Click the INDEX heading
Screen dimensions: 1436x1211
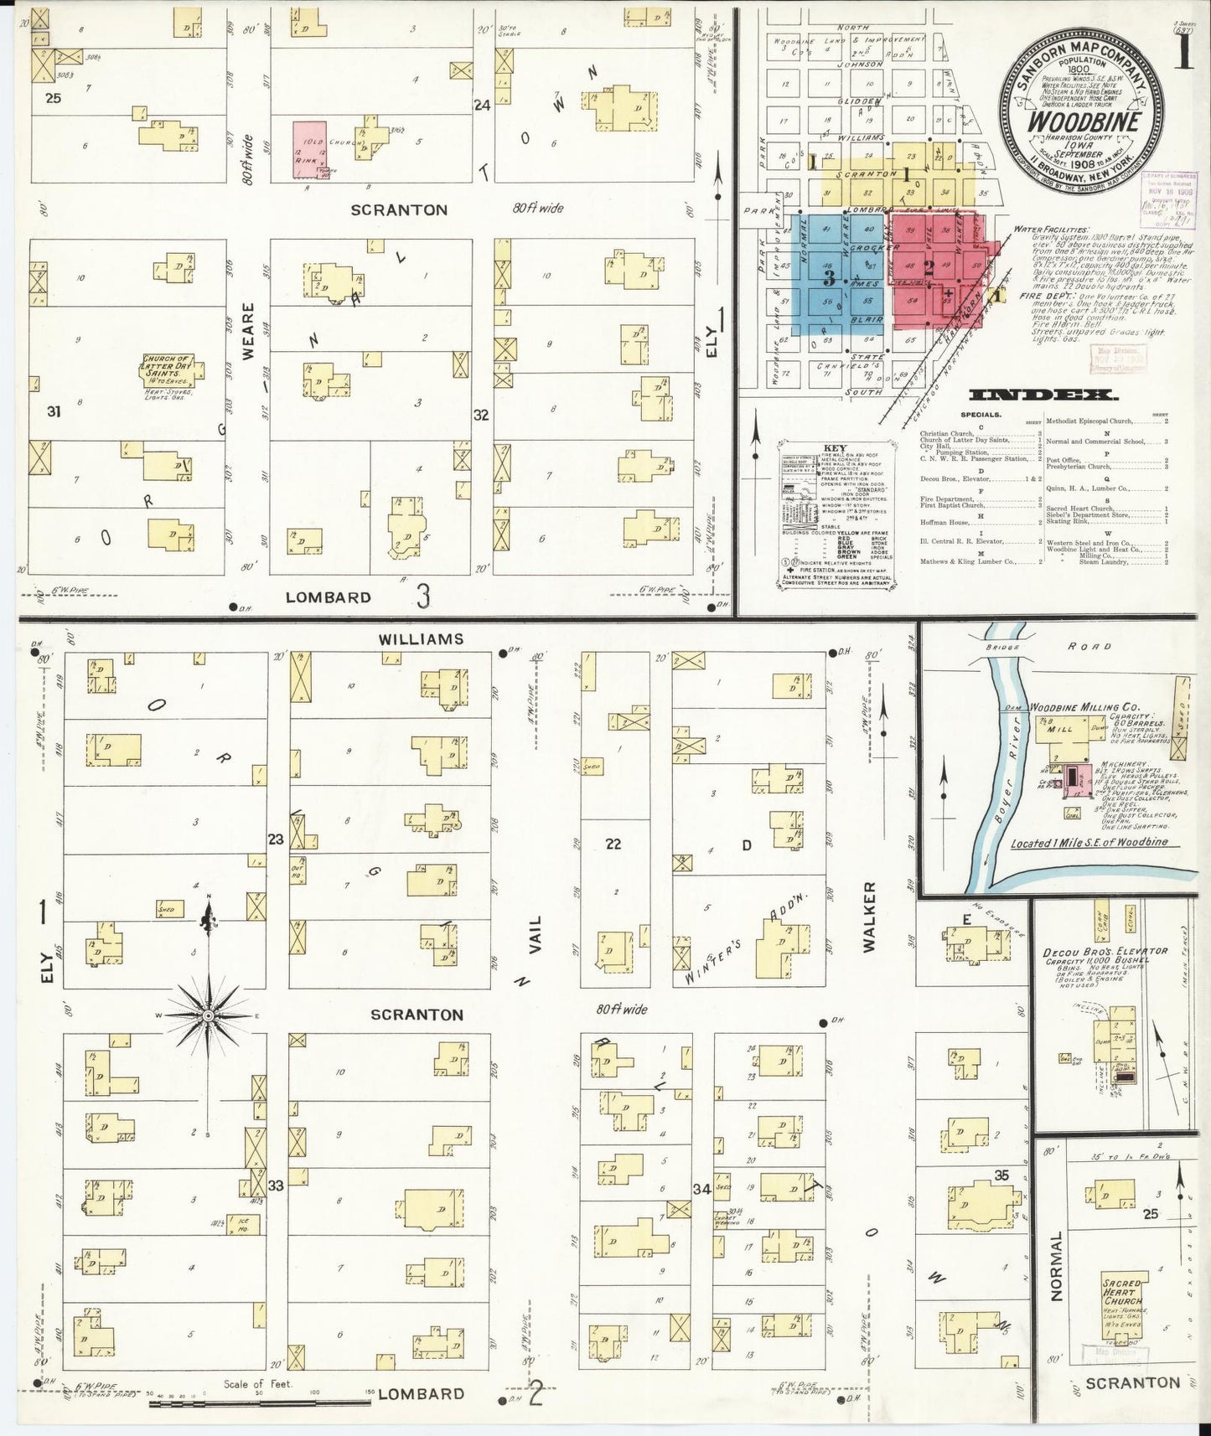pos(1043,395)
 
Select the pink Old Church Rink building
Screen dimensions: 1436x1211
pos(309,149)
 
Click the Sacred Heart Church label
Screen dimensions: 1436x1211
pos(1122,1292)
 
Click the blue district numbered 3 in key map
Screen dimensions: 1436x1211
pos(829,276)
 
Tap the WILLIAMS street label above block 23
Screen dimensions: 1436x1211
pos(420,639)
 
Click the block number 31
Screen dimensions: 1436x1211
pos(54,411)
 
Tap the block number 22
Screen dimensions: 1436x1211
pos(613,844)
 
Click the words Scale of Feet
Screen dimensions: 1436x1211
pos(258,1384)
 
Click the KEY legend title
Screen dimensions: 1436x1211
pos(835,448)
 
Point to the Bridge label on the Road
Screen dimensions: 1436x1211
pos(1002,647)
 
